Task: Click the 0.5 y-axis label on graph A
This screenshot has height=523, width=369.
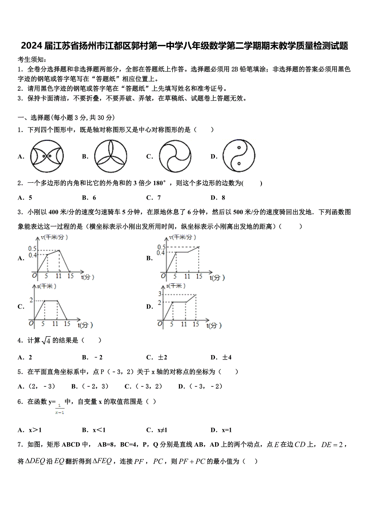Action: (x=32, y=249)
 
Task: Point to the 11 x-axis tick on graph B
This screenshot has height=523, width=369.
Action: (x=187, y=277)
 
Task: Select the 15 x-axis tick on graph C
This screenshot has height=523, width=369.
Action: (x=67, y=324)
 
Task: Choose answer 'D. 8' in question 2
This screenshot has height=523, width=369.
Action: (x=218, y=198)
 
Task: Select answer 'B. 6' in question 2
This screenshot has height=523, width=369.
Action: (x=89, y=198)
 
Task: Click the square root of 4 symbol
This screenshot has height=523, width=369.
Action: (x=46, y=341)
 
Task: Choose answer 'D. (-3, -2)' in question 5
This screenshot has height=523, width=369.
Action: (x=200, y=386)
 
